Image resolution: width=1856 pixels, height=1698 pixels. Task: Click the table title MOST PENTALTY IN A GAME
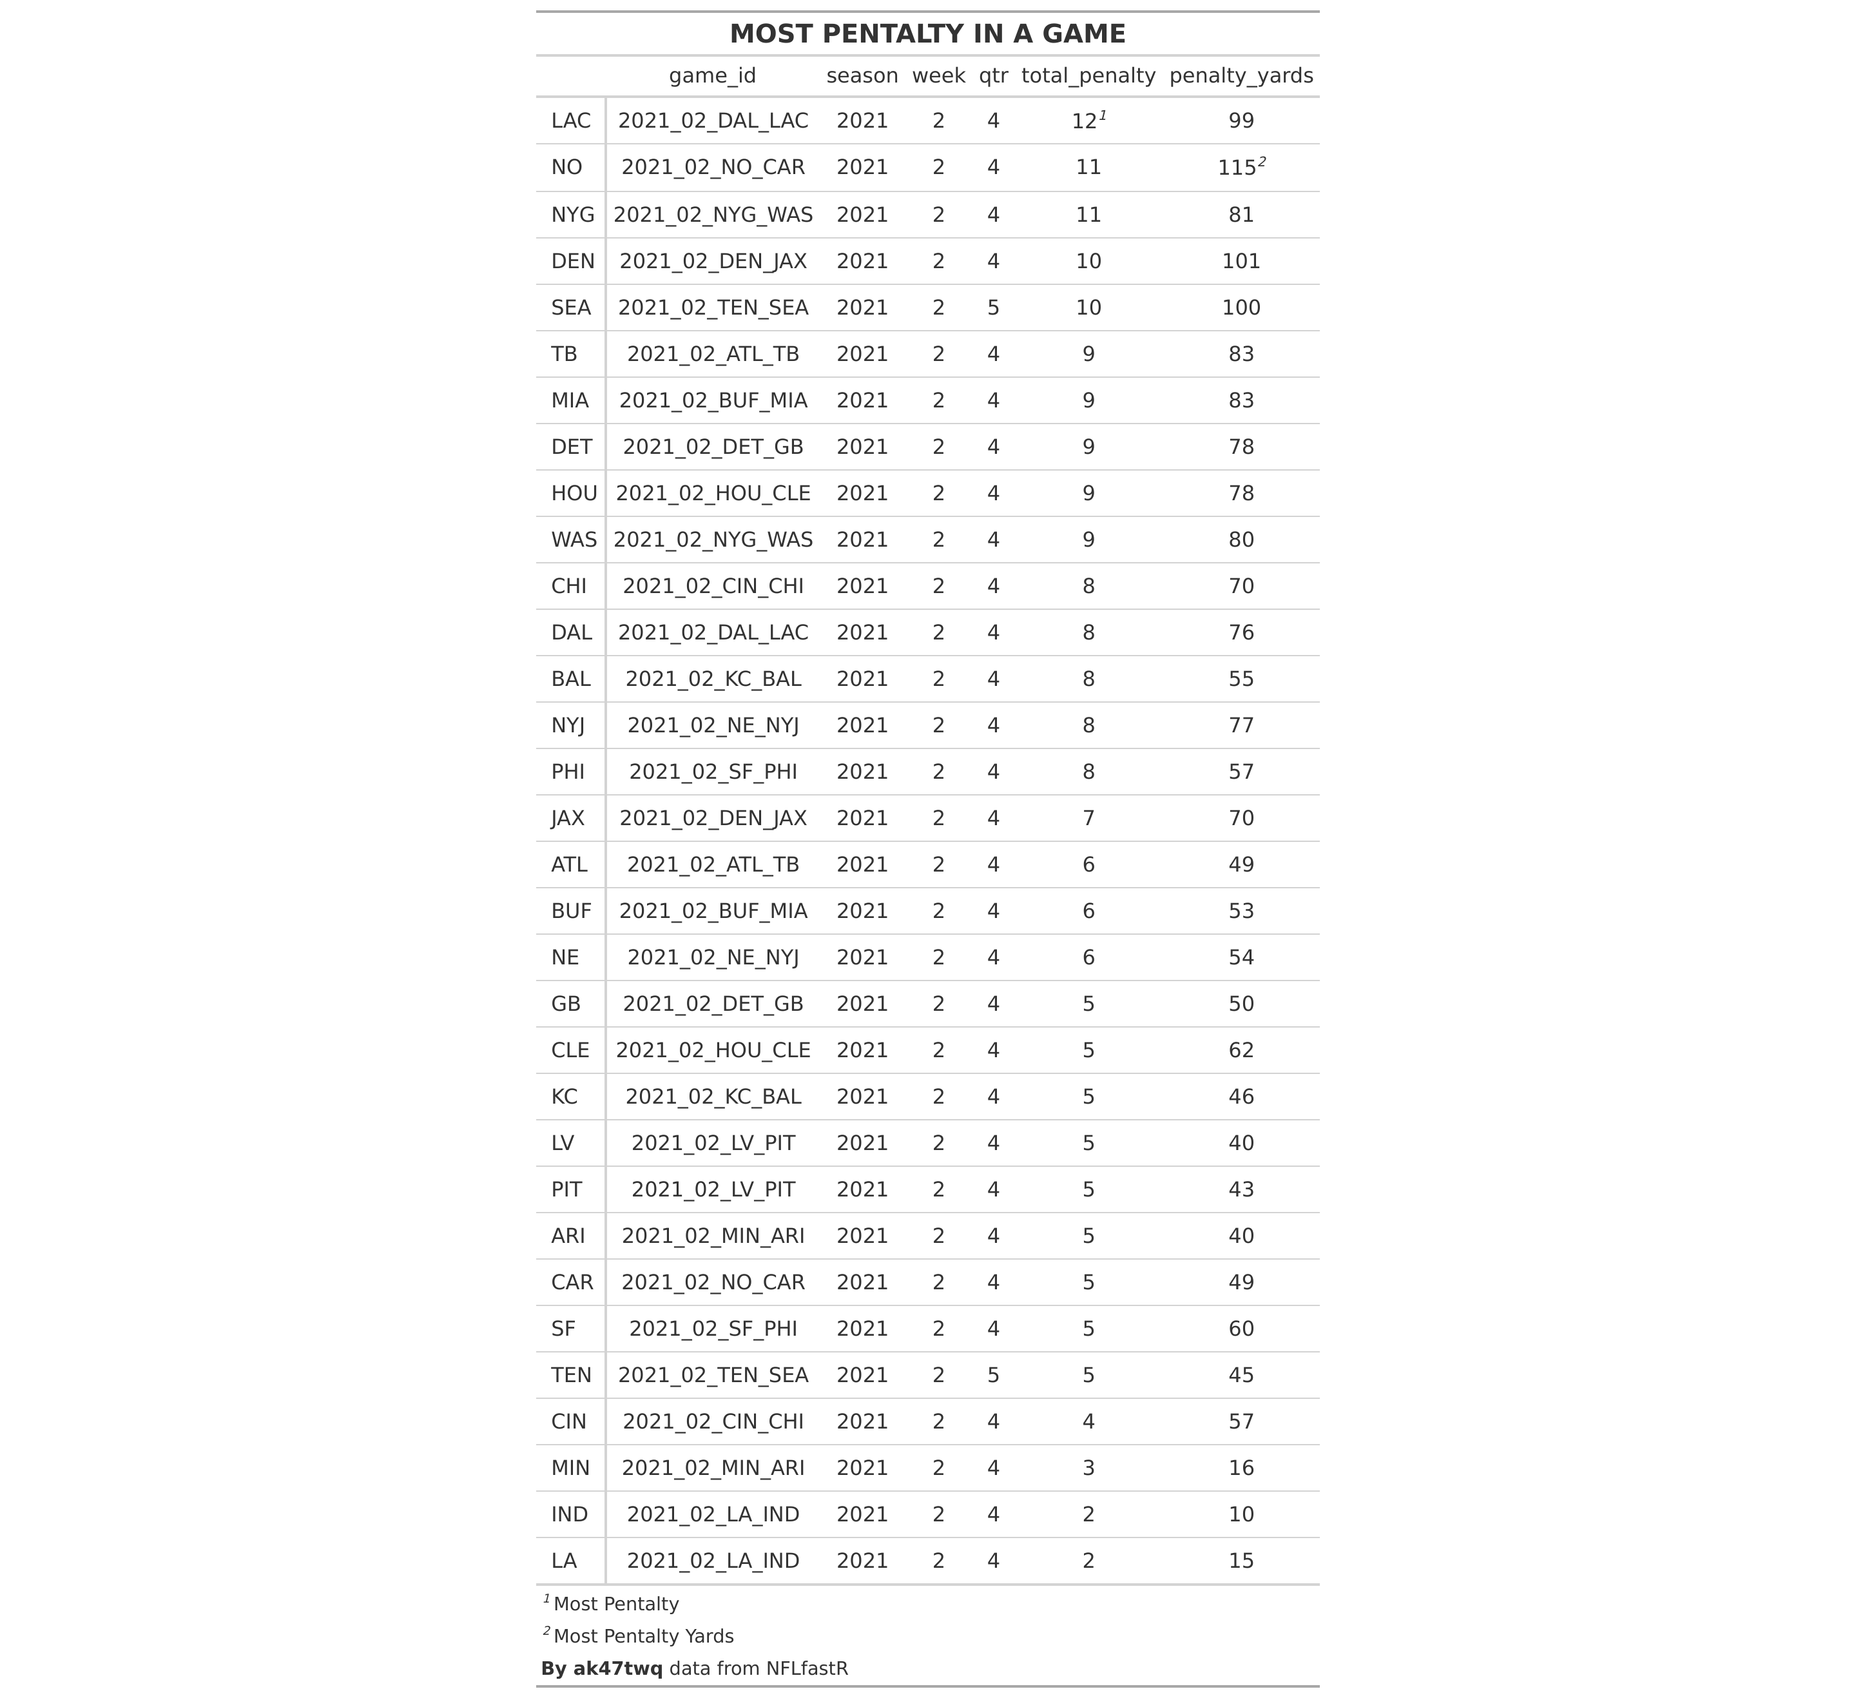click(927, 34)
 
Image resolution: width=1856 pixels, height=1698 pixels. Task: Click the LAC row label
click(571, 121)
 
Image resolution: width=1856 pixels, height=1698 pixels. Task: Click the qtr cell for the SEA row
click(992, 307)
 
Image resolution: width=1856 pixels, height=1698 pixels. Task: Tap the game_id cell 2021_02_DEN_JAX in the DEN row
click(713, 262)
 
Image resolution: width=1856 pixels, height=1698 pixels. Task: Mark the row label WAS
click(574, 540)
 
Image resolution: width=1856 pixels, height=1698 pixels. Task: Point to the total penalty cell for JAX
click(1088, 817)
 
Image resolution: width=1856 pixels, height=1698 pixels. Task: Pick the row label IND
click(569, 1514)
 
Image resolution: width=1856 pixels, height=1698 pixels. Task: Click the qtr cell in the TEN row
click(992, 1375)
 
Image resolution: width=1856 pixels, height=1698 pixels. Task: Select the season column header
click(862, 75)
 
